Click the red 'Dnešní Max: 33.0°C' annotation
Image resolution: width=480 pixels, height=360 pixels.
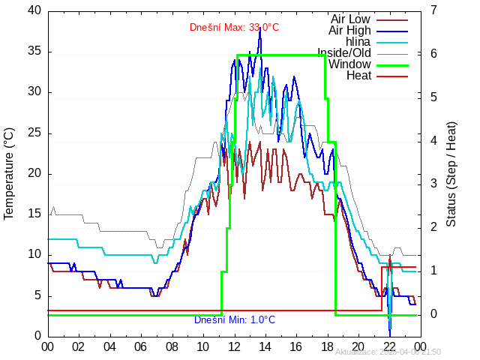click(234, 28)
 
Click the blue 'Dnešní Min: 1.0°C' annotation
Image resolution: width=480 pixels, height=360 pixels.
click(235, 320)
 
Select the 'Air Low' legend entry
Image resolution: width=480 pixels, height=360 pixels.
click(349, 19)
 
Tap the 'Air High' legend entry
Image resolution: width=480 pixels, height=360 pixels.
click(349, 31)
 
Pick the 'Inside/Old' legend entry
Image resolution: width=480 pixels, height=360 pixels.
click(343, 53)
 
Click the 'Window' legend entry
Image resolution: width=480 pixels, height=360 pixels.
click(349, 64)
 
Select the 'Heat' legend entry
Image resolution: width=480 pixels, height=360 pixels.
click(358, 76)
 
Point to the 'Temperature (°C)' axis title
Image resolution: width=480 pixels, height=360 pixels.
click(9, 173)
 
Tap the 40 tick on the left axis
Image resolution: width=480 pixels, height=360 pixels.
click(34, 10)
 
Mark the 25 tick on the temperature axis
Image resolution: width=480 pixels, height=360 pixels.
click(34, 133)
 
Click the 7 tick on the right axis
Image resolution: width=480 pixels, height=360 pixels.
click(434, 10)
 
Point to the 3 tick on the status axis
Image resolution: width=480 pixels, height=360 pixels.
click(434, 184)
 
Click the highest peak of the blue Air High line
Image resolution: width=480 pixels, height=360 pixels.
click(260, 28)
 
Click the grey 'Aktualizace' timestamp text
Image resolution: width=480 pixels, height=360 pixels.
click(388, 352)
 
